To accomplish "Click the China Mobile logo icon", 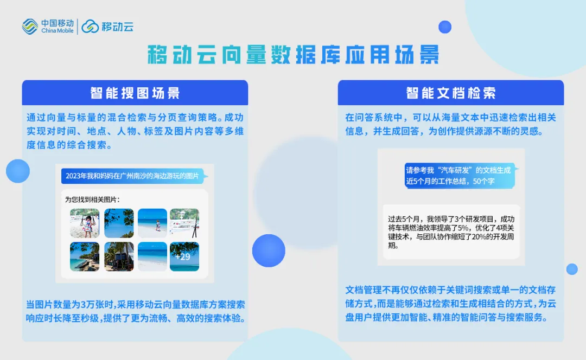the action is [30, 27].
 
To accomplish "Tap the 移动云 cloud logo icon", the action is [90, 27].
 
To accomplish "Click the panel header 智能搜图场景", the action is [135, 93].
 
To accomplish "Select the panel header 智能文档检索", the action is [451, 93].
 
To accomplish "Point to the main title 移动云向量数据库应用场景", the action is [294, 55].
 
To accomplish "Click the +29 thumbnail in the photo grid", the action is [184, 256].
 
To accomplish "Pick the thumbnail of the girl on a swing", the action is [85, 223].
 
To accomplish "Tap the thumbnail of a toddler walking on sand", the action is [152, 223].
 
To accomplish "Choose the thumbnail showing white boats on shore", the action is [184, 223].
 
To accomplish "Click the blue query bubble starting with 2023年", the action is [133, 176].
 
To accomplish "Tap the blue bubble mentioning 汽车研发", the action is [460, 176].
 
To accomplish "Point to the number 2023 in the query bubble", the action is [73, 176].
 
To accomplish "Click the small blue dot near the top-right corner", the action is [445, 27].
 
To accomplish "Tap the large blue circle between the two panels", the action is [269, 250].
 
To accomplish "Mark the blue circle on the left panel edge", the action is [17, 171].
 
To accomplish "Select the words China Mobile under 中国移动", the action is [57, 30].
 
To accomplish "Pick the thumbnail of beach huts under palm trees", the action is [119, 256].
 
